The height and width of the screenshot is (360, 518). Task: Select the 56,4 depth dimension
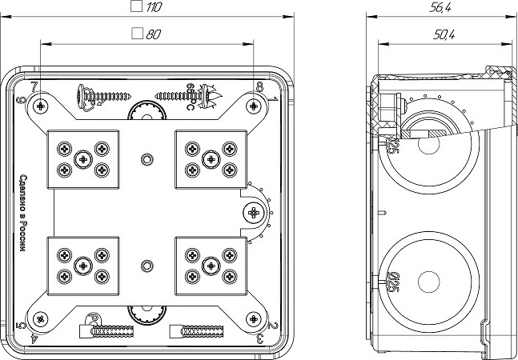tap(440, 7)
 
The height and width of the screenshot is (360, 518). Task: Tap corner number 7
tap(34, 86)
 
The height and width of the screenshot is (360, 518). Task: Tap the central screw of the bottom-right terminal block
tap(211, 264)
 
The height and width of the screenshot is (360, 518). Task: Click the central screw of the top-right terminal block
tap(211, 159)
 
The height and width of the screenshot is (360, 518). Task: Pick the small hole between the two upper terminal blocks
tap(146, 159)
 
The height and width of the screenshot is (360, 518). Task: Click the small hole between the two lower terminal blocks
tap(146, 265)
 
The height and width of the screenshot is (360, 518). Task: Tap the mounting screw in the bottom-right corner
tap(253, 320)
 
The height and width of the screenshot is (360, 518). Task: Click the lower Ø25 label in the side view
tap(393, 282)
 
